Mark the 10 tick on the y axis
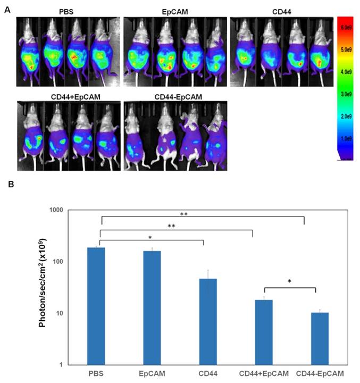click(73, 313)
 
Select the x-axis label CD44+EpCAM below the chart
click(264, 373)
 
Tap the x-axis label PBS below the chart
click(96, 373)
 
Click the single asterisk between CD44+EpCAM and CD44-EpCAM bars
click(290, 281)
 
